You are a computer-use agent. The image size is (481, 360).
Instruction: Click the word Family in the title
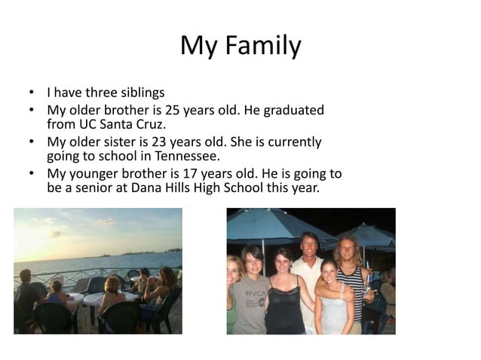264,46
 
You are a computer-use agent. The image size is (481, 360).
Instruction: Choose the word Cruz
149,125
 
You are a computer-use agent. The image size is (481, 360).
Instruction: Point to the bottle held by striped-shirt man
367,285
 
